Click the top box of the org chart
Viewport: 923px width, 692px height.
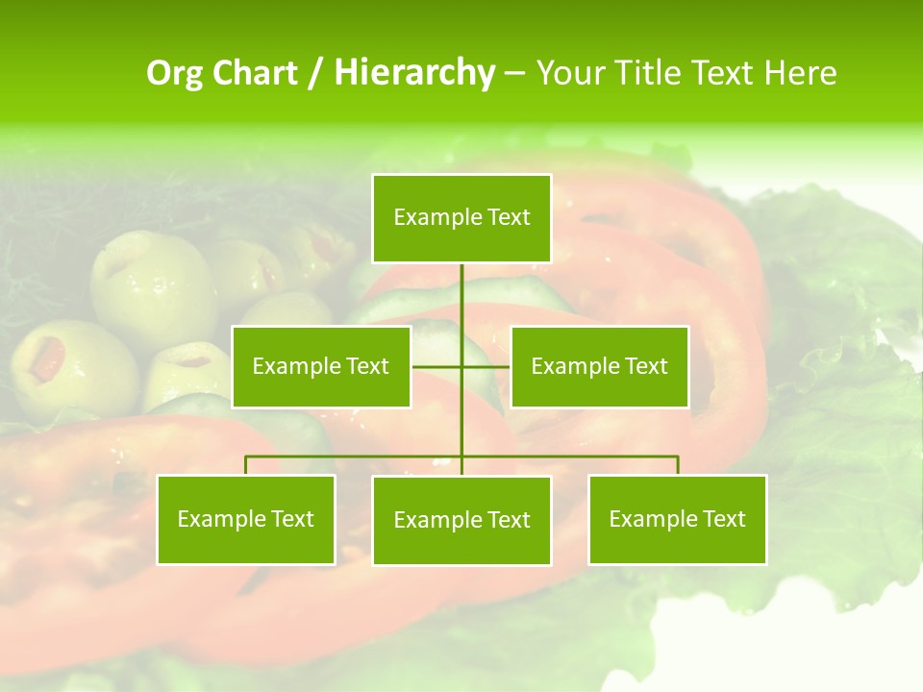coord(461,218)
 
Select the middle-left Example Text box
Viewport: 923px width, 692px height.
coord(321,366)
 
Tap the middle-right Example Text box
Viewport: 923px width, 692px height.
coord(599,366)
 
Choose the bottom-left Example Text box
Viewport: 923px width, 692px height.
coord(246,519)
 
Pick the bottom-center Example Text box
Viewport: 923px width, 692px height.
coord(461,520)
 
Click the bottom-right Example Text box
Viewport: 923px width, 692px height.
coord(677,519)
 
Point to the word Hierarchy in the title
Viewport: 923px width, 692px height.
coord(414,73)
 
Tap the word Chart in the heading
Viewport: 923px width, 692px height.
coord(255,73)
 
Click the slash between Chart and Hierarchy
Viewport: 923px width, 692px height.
coord(315,73)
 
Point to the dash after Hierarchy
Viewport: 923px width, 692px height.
coord(514,73)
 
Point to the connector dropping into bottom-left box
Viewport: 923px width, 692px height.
coord(246,465)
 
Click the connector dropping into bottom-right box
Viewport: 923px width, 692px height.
coord(677,465)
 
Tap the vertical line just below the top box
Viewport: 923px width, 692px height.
coord(461,288)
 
